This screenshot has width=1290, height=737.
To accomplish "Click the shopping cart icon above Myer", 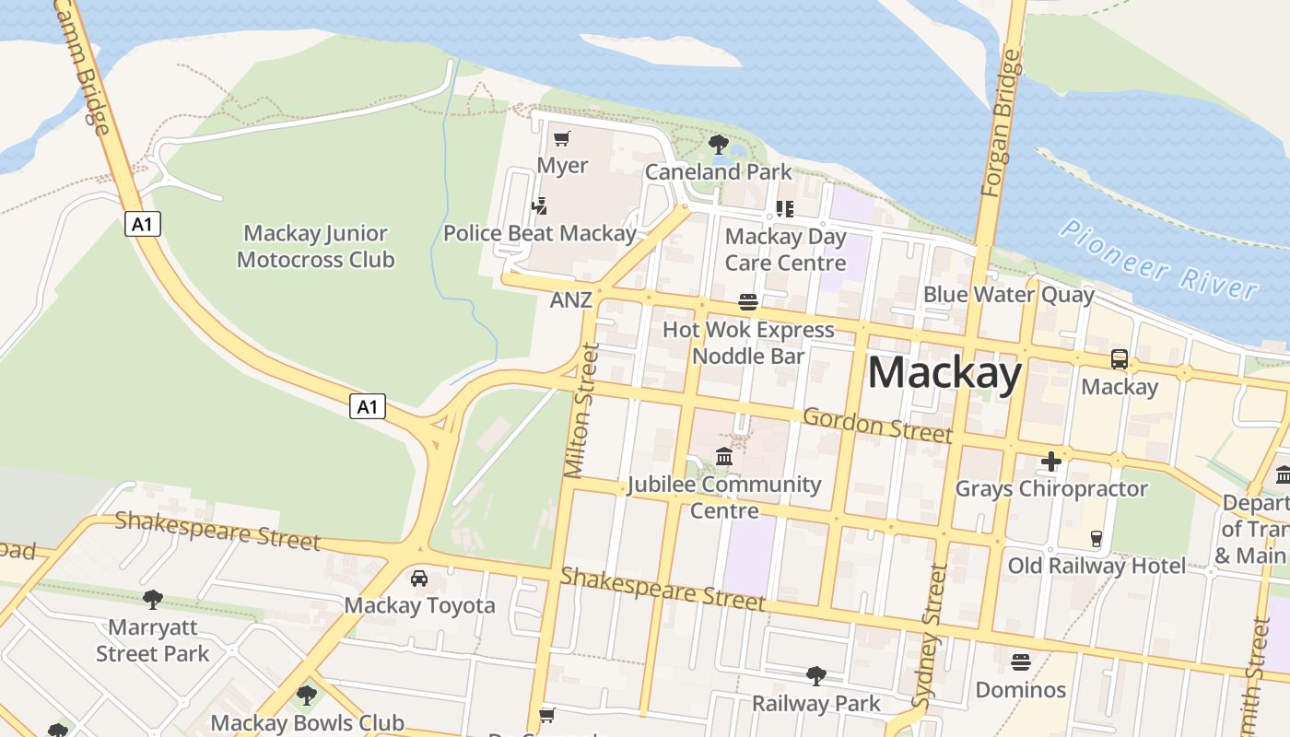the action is [x=561, y=139].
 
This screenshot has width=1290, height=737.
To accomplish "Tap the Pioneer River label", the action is [x=1158, y=259].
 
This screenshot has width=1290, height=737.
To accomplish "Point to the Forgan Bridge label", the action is [x=1003, y=123].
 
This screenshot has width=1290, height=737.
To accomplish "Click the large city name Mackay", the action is [x=944, y=373].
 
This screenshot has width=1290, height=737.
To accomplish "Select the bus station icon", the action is [x=1120, y=359].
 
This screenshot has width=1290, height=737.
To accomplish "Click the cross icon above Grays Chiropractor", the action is [x=1051, y=461].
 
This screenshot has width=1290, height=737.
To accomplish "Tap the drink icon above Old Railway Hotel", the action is [x=1096, y=539].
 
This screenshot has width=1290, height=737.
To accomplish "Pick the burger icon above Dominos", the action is [x=1020, y=661].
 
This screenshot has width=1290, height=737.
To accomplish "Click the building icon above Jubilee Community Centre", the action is [x=724, y=456].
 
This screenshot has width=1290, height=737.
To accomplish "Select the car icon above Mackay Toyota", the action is [x=419, y=578].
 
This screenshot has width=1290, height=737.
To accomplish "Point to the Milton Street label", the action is [x=581, y=411].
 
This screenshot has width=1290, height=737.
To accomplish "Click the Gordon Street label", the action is [x=877, y=425].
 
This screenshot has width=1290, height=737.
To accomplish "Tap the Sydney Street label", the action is [x=931, y=636].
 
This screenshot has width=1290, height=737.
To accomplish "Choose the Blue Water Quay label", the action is [x=1008, y=295].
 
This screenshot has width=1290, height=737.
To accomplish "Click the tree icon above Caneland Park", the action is [x=719, y=145].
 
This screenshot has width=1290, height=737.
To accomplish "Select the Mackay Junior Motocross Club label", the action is [x=315, y=247].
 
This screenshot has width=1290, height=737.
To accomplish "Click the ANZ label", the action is [x=571, y=300].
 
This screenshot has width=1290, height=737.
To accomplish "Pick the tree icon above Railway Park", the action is [x=815, y=676].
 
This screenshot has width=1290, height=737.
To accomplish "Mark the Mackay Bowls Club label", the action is [x=308, y=723].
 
